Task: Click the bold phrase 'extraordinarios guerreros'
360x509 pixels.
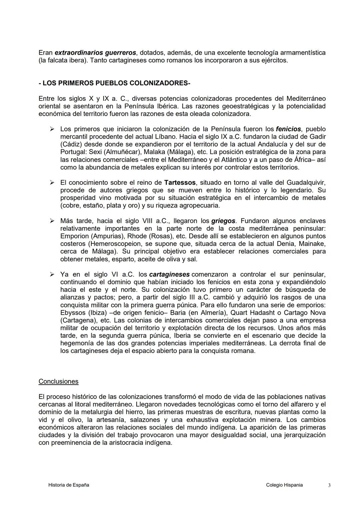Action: point(95,53)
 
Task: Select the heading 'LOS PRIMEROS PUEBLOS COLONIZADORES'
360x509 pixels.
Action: point(114,83)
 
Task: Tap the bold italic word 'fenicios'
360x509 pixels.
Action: point(288,129)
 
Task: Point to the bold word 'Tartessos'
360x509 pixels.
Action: point(180,183)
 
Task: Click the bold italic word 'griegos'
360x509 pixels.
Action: point(223,221)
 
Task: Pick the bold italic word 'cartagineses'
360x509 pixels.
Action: point(169,275)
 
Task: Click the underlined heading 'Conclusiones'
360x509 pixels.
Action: point(58,381)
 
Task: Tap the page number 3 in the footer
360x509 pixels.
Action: point(329,485)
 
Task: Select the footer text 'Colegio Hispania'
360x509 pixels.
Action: point(284,485)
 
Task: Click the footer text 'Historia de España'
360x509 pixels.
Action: point(69,485)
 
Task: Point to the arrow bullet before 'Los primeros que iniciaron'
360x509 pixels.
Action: point(52,129)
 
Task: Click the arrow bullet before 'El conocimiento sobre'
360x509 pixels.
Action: point(52,183)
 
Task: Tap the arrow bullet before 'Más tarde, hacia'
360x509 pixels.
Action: point(52,221)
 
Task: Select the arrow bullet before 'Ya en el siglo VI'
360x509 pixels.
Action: point(52,275)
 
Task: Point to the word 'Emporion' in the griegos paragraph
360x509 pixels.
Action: point(74,236)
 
